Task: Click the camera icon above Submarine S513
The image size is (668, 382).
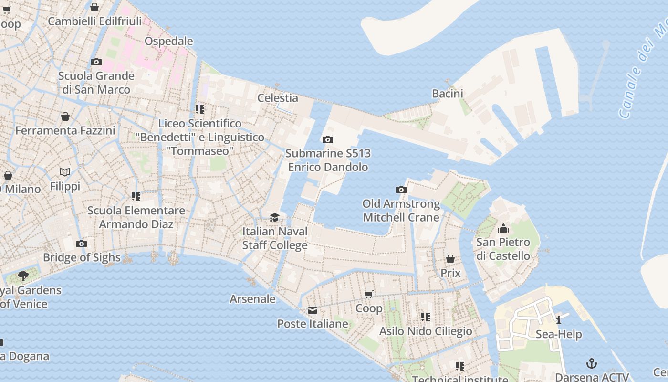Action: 327,140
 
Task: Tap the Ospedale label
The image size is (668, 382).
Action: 169,41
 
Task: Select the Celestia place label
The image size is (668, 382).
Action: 278,98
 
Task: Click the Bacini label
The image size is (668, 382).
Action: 448,93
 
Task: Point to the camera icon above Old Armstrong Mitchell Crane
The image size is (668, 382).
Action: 401,190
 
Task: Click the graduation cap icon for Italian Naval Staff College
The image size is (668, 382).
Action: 274,218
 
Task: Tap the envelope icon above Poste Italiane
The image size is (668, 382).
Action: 313,310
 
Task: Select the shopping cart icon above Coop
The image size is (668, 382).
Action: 369,294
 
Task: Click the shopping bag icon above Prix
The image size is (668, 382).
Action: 450,259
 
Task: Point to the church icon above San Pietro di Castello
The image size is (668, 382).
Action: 503,228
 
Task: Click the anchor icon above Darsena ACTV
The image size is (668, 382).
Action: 592,363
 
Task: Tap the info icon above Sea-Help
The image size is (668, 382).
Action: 559,320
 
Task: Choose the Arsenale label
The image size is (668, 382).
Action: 253,299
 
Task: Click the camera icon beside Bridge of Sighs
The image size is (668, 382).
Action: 82,244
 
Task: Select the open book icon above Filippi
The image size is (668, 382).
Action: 65,172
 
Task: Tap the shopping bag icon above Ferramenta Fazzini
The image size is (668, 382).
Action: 65,117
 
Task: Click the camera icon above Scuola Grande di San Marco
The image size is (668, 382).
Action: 96,62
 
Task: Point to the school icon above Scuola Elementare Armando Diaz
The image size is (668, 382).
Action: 136,196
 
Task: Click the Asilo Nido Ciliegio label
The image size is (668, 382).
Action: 426,331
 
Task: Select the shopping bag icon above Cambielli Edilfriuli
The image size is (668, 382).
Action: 94,7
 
